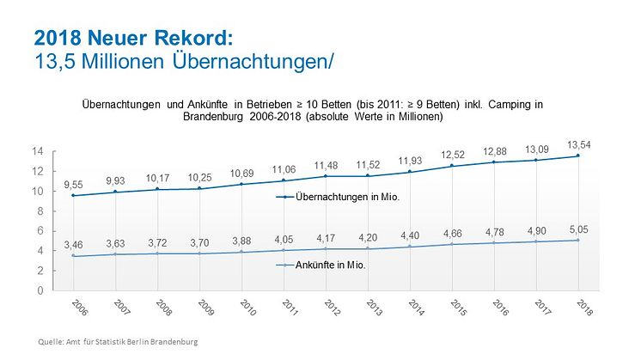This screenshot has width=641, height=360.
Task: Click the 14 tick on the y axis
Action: (38, 151)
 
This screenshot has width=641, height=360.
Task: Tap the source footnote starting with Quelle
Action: (119, 342)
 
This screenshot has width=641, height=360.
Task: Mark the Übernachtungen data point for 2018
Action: (578, 156)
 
